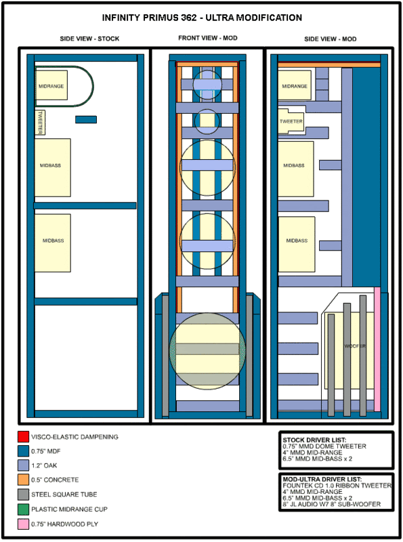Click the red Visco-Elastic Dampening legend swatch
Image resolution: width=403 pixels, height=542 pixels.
(x=23, y=436)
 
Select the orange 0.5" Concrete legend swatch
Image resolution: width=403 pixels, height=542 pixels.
(x=23, y=480)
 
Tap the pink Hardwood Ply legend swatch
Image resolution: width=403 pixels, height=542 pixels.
(x=23, y=524)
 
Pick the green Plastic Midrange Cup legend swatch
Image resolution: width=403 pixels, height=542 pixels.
(x=23, y=509)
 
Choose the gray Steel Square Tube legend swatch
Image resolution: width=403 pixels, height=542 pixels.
(x=23, y=495)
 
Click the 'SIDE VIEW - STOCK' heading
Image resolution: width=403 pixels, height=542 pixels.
(x=89, y=39)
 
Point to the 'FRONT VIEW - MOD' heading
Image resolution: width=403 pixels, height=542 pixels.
(x=208, y=38)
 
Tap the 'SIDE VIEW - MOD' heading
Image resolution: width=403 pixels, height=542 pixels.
(x=330, y=39)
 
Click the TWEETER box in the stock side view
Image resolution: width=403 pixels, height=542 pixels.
(x=40, y=123)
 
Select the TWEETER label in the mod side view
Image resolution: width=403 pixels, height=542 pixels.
(x=291, y=121)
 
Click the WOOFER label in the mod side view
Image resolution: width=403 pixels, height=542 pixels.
(x=355, y=346)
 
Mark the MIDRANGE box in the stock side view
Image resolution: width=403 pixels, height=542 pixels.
(x=51, y=85)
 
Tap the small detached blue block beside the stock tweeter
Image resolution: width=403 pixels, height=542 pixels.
(x=86, y=120)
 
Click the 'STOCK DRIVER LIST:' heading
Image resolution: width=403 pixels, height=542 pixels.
(x=314, y=440)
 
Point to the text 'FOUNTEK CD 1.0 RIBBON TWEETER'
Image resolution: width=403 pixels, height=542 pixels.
(x=337, y=486)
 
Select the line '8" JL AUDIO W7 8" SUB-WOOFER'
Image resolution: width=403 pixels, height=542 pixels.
(x=332, y=504)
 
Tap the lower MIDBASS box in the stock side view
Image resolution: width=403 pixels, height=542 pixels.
(x=53, y=243)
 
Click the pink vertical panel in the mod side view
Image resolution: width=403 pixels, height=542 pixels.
(x=377, y=349)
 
